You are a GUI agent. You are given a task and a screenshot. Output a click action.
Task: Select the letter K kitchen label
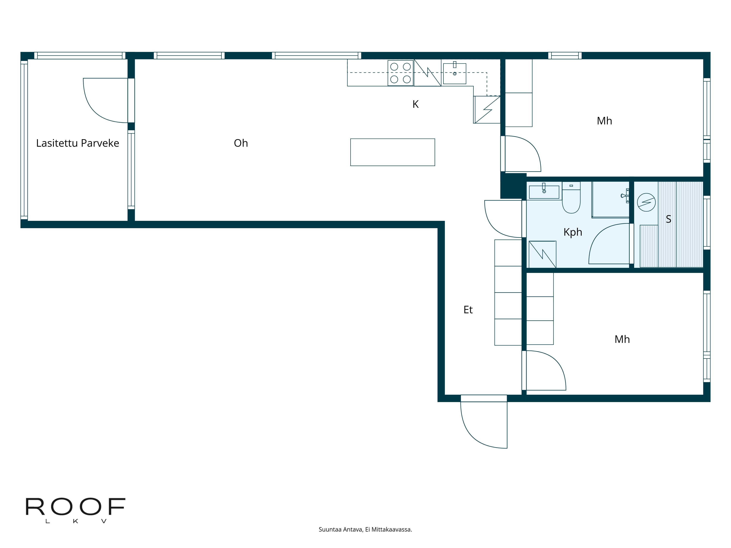(415, 104)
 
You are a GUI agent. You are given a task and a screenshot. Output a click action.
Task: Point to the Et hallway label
(468, 310)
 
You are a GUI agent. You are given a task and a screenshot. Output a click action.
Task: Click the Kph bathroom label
(573, 232)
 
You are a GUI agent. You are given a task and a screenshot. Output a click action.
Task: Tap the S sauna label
(668, 219)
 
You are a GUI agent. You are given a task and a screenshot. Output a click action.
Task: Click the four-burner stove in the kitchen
(400, 73)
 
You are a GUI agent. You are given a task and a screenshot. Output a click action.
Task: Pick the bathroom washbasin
(544, 192)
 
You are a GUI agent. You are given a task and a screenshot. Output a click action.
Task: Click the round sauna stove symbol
(646, 202)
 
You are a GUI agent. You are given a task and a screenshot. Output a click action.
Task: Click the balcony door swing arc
(99, 106)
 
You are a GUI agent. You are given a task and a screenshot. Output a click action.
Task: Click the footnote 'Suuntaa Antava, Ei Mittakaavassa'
(365, 530)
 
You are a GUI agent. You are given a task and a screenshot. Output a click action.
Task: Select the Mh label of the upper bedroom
(604, 121)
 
